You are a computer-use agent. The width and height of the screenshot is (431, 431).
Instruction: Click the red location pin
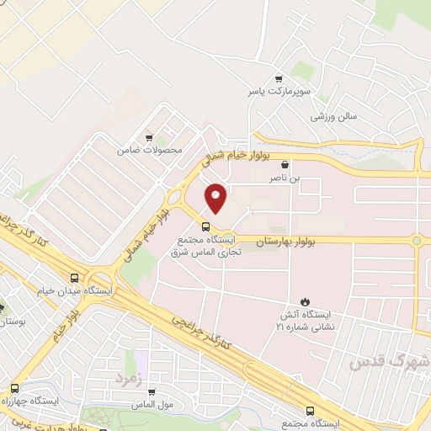click(x=216, y=198)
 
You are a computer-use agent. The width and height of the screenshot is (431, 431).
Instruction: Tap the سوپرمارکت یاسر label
click(x=267, y=89)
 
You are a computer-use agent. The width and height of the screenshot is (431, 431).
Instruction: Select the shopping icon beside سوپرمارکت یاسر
click(x=279, y=77)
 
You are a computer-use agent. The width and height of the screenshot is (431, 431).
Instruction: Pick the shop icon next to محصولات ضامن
click(x=149, y=137)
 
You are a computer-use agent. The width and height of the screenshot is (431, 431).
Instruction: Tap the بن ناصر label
click(x=284, y=178)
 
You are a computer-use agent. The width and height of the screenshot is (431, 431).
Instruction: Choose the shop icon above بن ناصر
click(x=285, y=166)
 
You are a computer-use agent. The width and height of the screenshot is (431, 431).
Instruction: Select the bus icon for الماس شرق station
click(x=206, y=226)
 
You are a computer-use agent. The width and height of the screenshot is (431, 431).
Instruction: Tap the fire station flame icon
click(x=305, y=301)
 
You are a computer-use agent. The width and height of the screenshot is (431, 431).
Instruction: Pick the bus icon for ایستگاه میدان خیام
click(x=75, y=278)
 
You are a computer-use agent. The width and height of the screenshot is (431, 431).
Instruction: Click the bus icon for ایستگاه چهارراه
click(x=15, y=388)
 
